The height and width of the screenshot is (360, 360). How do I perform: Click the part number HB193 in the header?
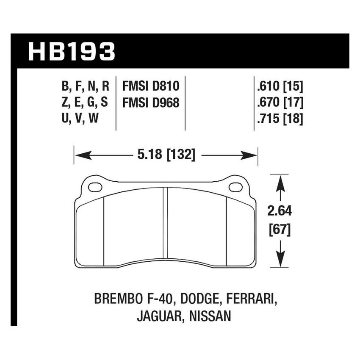pos(71,51)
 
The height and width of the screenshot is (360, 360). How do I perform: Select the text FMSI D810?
pos(151,87)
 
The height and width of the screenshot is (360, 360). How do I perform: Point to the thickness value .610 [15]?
pos(279,87)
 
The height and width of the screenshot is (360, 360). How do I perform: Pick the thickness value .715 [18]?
pos(279,119)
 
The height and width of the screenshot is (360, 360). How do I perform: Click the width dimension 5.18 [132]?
pos(166,155)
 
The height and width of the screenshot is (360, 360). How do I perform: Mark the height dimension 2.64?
pos(280,211)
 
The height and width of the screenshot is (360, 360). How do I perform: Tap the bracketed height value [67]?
pos(280,231)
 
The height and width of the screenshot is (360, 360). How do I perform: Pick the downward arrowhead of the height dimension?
pos(280,260)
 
